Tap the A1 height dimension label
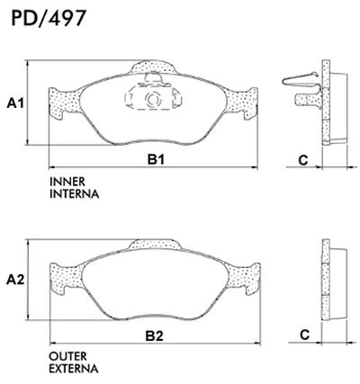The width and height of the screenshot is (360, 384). (15, 104)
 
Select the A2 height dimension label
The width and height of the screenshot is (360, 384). (15, 280)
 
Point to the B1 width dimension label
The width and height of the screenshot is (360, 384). (154, 159)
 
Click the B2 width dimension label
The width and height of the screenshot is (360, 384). (154, 336)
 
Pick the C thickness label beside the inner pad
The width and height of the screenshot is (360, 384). (303, 159)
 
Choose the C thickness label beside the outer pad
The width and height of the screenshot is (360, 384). (303, 335)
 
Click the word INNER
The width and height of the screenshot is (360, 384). (67, 183)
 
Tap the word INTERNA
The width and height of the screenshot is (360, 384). (74, 193)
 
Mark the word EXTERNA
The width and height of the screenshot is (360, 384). (75, 369)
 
